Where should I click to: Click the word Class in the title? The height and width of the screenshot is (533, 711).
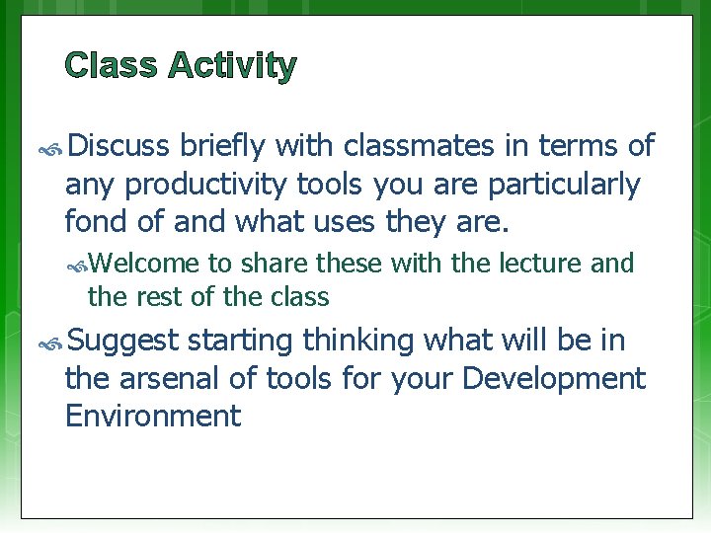point(111,66)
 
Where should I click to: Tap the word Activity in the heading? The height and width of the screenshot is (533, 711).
point(232,67)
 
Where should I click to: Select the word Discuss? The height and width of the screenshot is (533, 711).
point(119,147)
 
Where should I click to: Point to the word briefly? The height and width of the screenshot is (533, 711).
point(223,147)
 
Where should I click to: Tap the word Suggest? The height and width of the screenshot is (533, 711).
point(123,341)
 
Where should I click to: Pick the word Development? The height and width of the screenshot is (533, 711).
point(554,377)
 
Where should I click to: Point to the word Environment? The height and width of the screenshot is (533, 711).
point(152,415)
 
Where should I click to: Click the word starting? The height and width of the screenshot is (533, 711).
point(240,341)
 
